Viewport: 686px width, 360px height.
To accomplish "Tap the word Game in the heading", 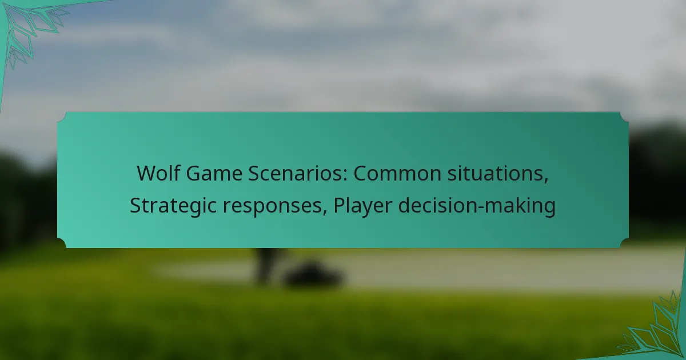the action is [x=214, y=173].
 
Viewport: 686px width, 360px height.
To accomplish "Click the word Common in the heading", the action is [x=397, y=173].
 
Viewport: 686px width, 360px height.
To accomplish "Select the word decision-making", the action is [x=477, y=205].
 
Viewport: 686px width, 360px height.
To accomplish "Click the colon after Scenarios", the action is [x=345, y=176].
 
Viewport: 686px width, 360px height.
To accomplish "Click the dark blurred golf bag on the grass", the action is [x=312, y=275].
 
